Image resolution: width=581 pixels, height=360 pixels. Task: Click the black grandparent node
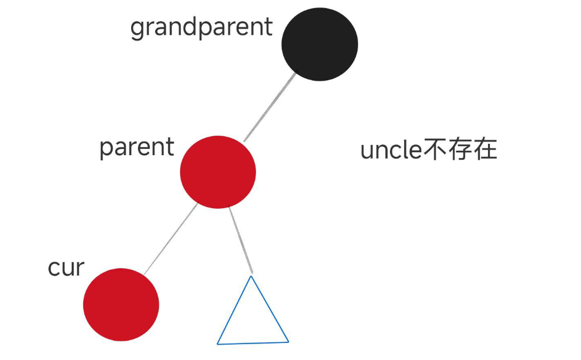coord(319,44)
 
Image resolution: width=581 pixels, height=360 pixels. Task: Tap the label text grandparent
coord(201,27)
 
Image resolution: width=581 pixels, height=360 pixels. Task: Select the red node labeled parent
coord(218,172)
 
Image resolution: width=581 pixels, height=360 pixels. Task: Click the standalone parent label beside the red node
coord(136,148)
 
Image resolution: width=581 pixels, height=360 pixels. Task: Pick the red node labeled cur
coord(121,304)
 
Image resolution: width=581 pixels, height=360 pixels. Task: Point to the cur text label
coord(66,267)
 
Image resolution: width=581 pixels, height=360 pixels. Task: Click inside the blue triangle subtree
coord(252,322)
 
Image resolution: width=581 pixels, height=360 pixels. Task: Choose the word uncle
coord(390,151)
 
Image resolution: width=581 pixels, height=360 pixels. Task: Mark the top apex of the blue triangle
coord(251,277)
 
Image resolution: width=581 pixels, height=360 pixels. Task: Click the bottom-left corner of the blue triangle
coord(218,343)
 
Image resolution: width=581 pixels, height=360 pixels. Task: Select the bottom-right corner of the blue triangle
coord(288,342)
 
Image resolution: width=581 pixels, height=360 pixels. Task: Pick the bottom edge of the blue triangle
coord(253,343)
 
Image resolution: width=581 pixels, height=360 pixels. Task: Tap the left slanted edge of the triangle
coord(234,310)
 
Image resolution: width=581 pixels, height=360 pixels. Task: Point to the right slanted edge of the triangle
coord(270,310)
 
